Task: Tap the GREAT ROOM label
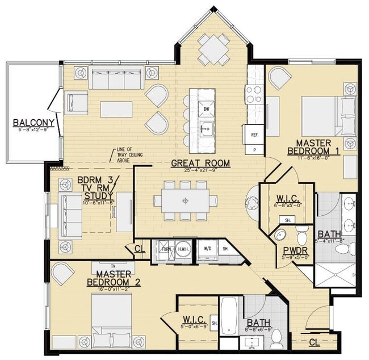[x=200, y=164]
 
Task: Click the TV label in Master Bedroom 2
[x=112, y=265]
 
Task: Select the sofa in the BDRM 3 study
[x=70, y=209]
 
